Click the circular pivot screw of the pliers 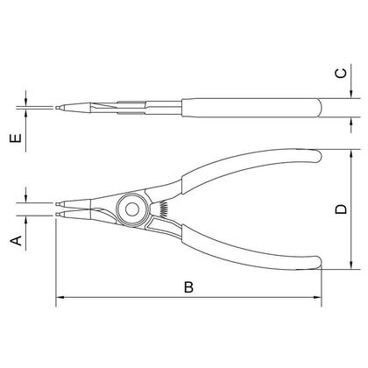pyautogui.click(x=133, y=208)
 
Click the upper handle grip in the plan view pyautogui.click(x=254, y=166)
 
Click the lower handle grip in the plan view pyautogui.click(x=254, y=250)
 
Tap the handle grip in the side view pyautogui.click(x=254, y=110)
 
